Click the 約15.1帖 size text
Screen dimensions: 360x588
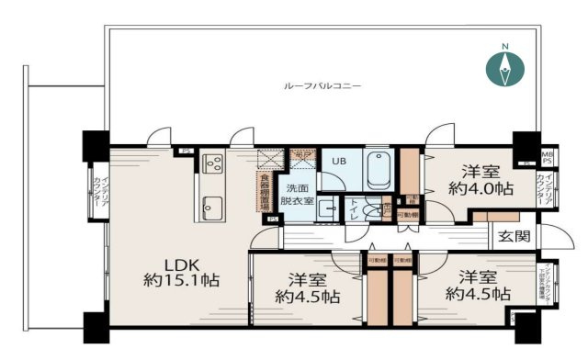click(x=180, y=280)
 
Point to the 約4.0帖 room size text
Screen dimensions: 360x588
click(x=481, y=189)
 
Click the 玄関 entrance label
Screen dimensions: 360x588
click(x=514, y=236)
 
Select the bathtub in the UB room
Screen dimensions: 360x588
click(x=379, y=170)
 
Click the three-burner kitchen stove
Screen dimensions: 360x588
click(x=213, y=164)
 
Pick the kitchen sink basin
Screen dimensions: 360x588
click(x=211, y=206)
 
